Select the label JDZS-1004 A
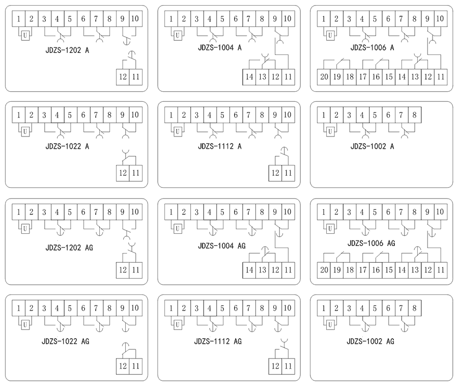pos(219,48)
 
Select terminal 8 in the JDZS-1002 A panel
pos(414,115)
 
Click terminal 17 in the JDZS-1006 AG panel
pos(362,269)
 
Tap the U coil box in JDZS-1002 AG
pos(330,324)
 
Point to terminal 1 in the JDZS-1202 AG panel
pos(19,211)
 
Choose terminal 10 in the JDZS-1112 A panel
pos(288,115)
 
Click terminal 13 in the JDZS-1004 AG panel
pos(262,269)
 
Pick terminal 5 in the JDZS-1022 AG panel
pos(70,308)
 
